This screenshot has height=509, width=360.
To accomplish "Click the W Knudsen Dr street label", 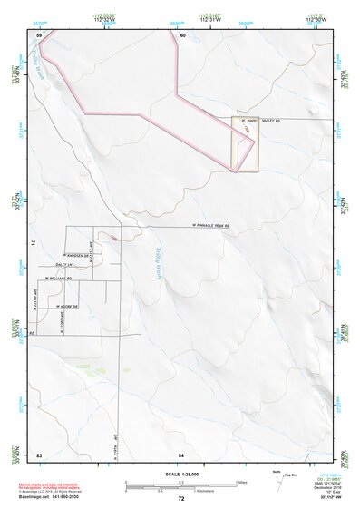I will point(75,256).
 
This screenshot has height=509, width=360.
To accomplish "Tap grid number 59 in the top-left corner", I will point(40,34).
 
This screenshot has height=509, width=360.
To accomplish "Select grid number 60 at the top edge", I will point(182,34).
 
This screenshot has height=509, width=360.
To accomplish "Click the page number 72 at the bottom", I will point(181,498).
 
